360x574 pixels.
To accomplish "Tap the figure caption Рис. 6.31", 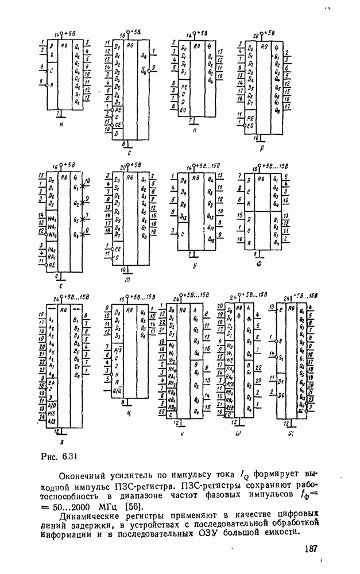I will coord(60,457).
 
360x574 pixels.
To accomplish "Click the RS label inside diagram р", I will coord(264,46).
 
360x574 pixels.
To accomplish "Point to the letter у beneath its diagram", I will coord(196,266).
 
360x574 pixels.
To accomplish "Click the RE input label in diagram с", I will coord(52,266).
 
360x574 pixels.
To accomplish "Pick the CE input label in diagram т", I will coord(118,249).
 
